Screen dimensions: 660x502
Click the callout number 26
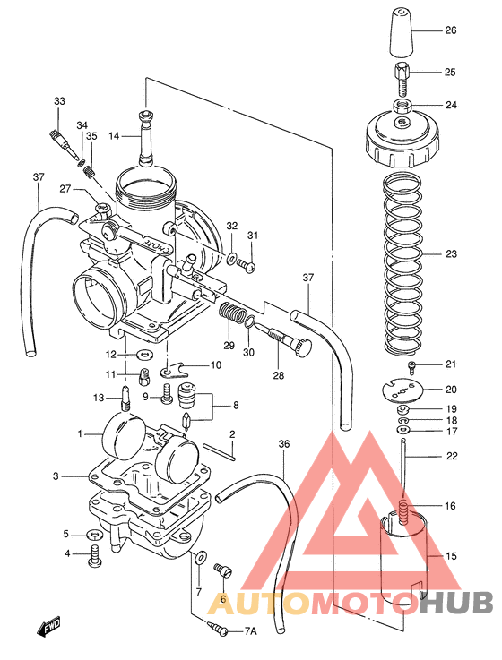(x=451, y=30)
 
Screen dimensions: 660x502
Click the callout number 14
(x=114, y=136)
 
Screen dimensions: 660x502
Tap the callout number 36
(x=284, y=444)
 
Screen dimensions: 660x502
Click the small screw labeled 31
(x=248, y=265)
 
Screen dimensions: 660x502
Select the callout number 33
(x=59, y=101)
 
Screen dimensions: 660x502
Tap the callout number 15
(x=451, y=556)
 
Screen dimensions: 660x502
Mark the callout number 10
(x=216, y=364)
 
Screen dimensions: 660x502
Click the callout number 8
(x=236, y=405)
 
